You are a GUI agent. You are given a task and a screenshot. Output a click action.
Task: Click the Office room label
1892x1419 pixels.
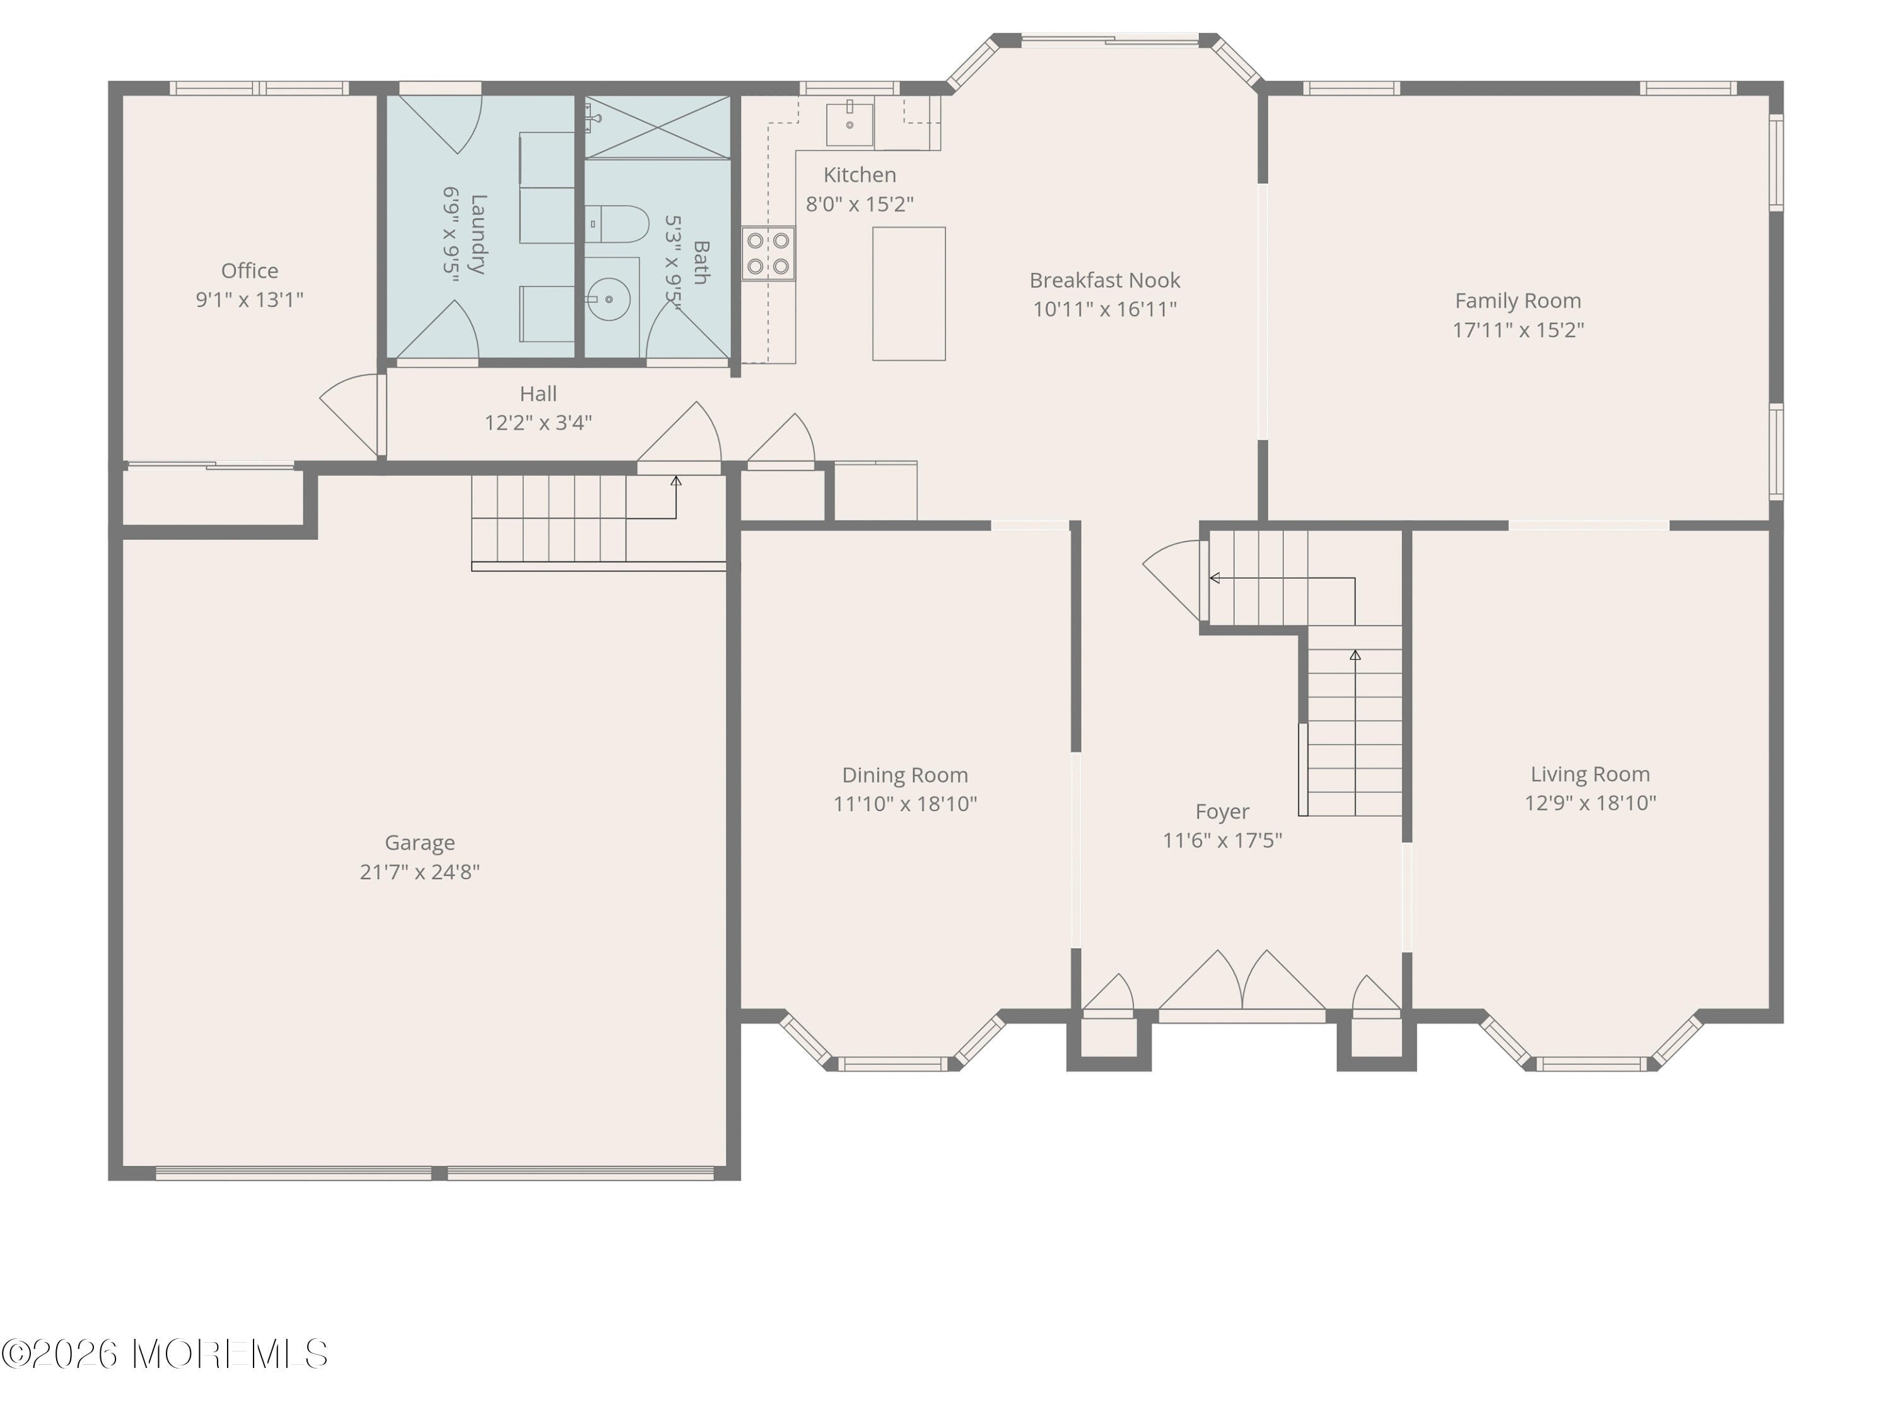(x=249, y=271)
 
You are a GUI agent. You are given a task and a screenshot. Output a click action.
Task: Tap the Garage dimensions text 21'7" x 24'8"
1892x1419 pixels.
(x=419, y=872)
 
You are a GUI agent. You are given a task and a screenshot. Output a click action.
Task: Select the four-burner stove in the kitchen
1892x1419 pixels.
(x=768, y=253)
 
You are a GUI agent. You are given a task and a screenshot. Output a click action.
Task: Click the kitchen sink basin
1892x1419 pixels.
(x=850, y=125)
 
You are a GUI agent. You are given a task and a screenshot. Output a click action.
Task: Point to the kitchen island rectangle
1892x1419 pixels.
(x=908, y=293)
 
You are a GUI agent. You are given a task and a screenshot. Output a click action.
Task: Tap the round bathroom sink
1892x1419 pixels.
(x=609, y=300)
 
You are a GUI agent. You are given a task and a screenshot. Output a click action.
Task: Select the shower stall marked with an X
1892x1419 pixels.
(x=657, y=127)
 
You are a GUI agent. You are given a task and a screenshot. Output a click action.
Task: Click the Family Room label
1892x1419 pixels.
(x=1517, y=301)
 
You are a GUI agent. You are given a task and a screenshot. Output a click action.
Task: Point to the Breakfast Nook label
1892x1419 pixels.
(x=1104, y=281)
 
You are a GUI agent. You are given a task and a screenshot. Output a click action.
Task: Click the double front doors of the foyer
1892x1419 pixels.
(x=1241, y=984)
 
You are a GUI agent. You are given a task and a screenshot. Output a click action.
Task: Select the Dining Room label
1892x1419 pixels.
(x=905, y=775)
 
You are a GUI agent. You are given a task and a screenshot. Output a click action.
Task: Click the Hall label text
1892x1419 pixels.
(x=538, y=394)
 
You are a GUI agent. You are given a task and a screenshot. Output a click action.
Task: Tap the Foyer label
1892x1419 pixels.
(x=1222, y=811)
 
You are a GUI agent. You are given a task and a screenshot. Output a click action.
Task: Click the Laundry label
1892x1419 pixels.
(x=477, y=235)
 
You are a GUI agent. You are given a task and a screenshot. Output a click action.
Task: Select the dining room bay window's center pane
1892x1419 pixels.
(x=892, y=1064)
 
